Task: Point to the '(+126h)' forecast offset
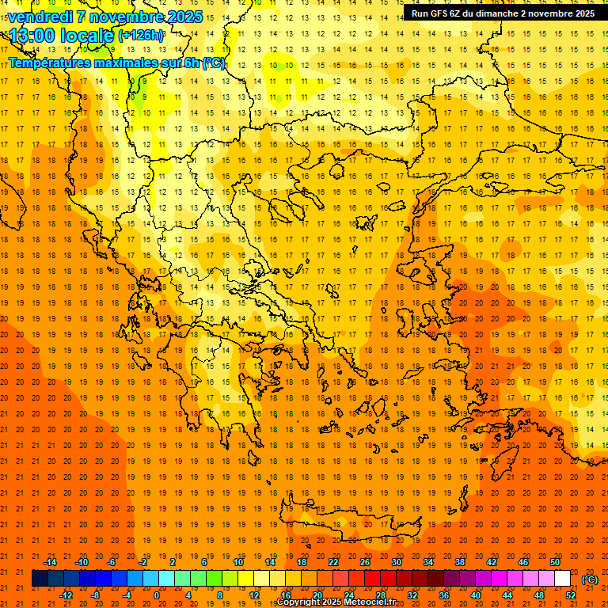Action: pyautogui.click(x=141, y=36)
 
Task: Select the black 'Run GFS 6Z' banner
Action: pyautogui.click(x=503, y=13)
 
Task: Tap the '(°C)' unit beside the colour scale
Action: pyautogui.click(x=590, y=579)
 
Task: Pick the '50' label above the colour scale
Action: pyautogui.click(x=555, y=562)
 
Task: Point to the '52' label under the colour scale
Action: pyautogui.click(x=571, y=595)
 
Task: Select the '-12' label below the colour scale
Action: pyautogui.click(x=66, y=595)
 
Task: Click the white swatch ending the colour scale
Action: pyautogui.click(x=563, y=579)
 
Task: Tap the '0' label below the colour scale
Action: pyautogui.click(x=157, y=595)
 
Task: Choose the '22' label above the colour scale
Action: pyautogui.click(x=333, y=562)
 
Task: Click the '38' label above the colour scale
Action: pyautogui.click(x=460, y=562)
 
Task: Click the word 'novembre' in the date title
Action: pyautogui.click(x=122, y=17)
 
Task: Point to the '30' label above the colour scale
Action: pyautogui.click(x=397, y=562)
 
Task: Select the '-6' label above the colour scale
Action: pyautogui.click(x=112, y=562)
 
